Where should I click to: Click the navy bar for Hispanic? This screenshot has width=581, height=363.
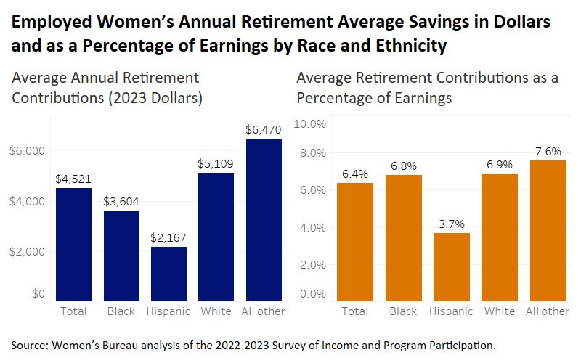coord(168,273)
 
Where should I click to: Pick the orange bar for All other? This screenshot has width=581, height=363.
coord(548,229)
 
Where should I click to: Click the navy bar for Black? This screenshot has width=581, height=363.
coord(121,255)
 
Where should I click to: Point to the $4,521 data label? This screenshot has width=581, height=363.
coord(73,179)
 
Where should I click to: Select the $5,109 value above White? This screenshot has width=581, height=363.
coord(216,164)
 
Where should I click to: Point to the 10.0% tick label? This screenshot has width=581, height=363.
coord(309,124)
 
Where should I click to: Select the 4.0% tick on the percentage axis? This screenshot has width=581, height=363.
coord(312,228)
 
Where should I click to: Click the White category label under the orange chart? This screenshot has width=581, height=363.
coord(500,311)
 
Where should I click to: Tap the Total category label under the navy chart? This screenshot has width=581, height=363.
coord(73,311)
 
